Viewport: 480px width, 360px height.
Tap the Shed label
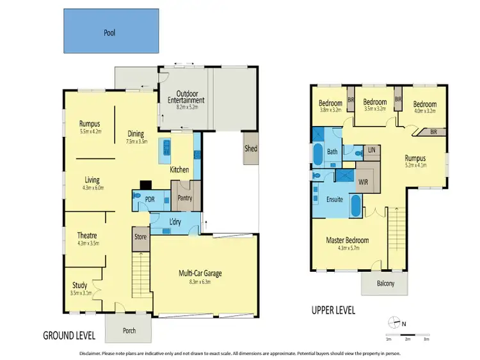pyautogui.click(x=251, y=148)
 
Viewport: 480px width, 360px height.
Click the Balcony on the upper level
pyautogui.click(x=385, y=283)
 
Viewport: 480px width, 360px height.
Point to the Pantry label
pyautogui.click(x=186, y=198)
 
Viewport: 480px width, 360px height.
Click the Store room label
pyautogui.click(x=140, y=237)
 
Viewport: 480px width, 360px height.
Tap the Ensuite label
pyautogui.click(x=335, y=199)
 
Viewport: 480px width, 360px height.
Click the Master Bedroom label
pyautogui.click(x=348, y=240)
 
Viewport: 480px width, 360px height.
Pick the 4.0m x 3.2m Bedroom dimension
pyautogui.click(x=424, y=110)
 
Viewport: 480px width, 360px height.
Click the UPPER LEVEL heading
pyautogui.click(x=333, y=311)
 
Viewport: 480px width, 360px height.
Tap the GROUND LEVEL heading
pyautogui.click(x=69, y=335)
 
